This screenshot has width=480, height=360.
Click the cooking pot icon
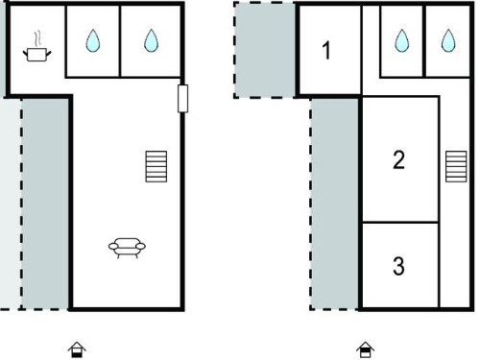pos(36,55)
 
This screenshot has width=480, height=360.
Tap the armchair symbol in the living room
pos(127,248)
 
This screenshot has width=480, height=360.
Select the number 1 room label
pos(326,51)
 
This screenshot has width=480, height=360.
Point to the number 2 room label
pos(398,159)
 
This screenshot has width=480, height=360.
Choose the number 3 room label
pos(398,266)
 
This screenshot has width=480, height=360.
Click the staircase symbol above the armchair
pos(156,166)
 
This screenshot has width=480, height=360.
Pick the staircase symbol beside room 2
pos(456,166)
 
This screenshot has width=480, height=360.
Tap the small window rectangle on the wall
pos(182,99)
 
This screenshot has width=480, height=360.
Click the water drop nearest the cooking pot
pos(93,40)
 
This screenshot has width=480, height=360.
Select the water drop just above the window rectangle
pos(151,40)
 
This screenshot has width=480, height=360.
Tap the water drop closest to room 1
pos(402,40)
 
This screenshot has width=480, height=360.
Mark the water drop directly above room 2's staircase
pos(448,40)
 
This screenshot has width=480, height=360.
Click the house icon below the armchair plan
pos(77,349)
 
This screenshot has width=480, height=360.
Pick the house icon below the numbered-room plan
pos(365,349)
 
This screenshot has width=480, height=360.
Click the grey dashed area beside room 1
pos(265,50)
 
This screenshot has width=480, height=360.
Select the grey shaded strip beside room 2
pos(335,204)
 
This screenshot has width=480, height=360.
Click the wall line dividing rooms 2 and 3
pos(400,222)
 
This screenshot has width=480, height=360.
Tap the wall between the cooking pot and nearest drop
pos(65,41)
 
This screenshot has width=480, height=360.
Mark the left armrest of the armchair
pos(113,246)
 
